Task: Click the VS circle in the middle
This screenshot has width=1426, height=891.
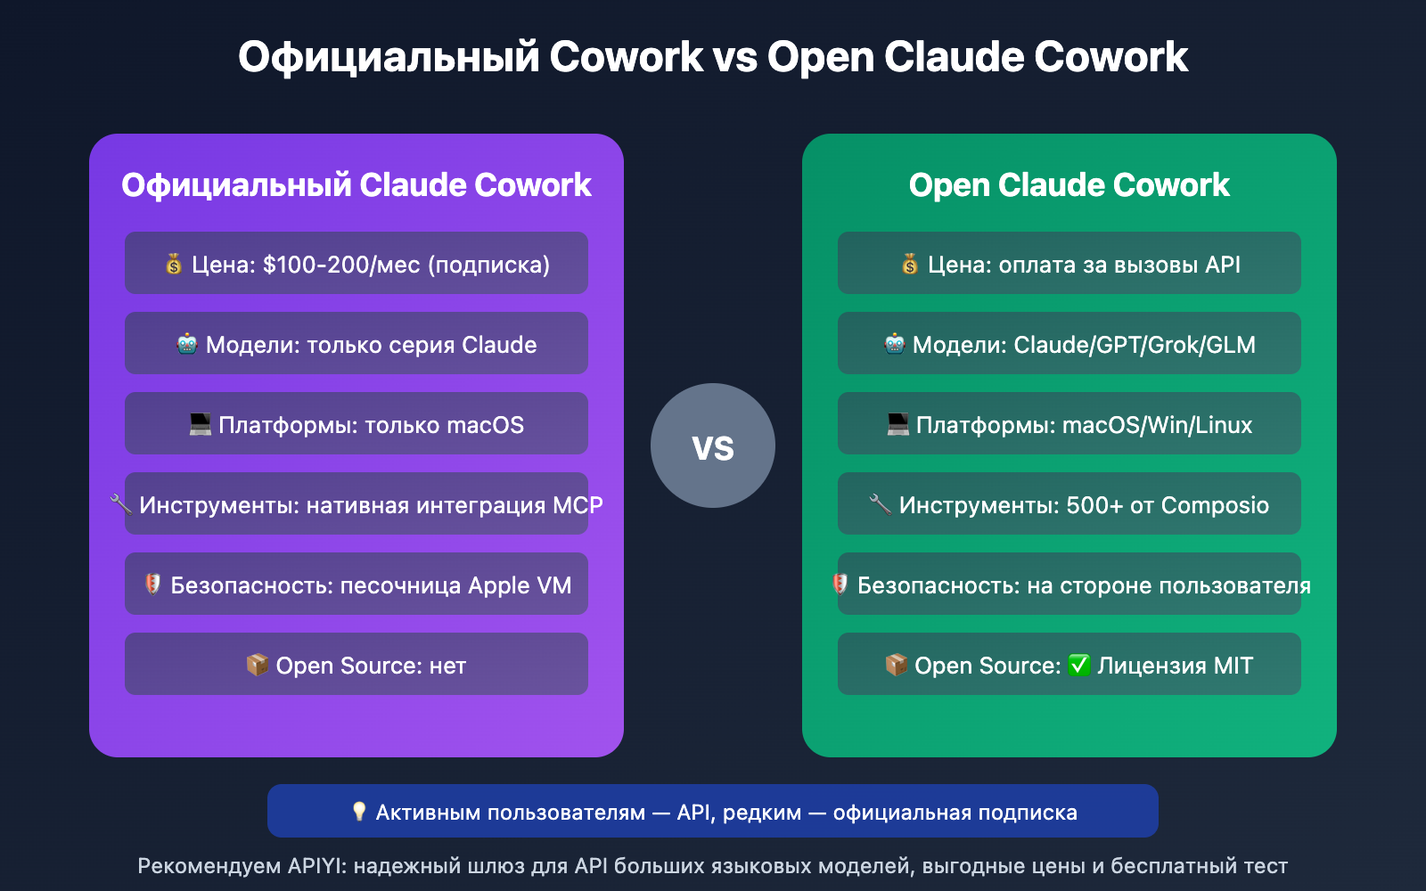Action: coord(713,445)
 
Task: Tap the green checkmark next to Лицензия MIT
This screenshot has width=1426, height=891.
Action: coord(1078,666)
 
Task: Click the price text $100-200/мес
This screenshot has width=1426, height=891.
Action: coord(341,265)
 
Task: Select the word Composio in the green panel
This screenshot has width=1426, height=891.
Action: coord(1215,505)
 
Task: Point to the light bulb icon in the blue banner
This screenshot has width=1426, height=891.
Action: coord(359,812)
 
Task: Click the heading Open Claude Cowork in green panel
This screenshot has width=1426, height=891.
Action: coord(1069,185)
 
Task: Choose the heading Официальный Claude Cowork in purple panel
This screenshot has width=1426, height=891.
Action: coord(356,185)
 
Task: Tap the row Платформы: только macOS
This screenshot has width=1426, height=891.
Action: coord(356,424)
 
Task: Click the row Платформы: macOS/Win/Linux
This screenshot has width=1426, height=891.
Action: coord(1069,424)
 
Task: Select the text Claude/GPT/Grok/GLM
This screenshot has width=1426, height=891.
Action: coord(1135,345)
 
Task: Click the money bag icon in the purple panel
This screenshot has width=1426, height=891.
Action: coord(174,264)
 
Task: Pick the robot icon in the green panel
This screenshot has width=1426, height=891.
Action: coord(894,344)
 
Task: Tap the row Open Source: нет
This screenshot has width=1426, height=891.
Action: coord(356,665)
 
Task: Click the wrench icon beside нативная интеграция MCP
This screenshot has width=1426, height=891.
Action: coord(120,504)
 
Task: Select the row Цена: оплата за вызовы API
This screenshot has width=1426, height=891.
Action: coord(1069,264)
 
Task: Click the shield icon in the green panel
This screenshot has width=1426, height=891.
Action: coord(840,584)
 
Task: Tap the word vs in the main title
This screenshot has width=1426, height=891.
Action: coord(734,58)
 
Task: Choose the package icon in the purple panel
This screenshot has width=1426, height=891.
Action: coord(257,665)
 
